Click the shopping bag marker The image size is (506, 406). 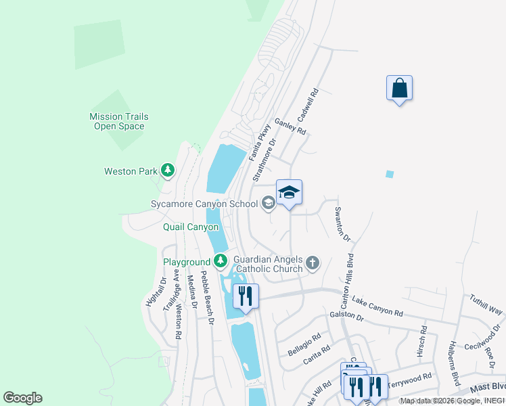[x=399, y=89]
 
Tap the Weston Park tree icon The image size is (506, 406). [x=168, y=171]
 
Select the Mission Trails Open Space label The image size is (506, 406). [x=119, y=121]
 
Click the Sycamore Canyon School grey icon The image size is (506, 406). [x=268, y=203]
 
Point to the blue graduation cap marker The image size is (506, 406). [x=289, y=193]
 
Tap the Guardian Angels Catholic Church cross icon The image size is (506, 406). [x=312, y=263]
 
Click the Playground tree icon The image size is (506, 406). [x=221, y=261]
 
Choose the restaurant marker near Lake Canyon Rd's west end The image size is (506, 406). [x=245, y=296]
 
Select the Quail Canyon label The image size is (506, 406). [x=191, y=227]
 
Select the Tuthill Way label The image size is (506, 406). [x=486, y=304]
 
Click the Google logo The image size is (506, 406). [x=22, y=398]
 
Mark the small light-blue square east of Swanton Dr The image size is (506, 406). [x=389, y=174]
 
